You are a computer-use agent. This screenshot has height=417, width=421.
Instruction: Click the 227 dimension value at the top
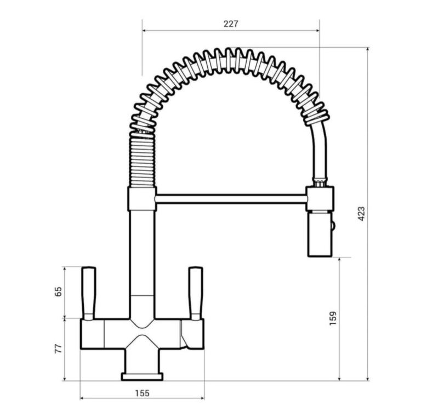pos(231,24)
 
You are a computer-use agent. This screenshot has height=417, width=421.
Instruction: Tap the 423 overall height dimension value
pos(362,214)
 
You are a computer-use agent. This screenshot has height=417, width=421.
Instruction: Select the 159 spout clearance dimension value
pos(333,318)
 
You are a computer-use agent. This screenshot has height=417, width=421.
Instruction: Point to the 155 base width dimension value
pos(142,393)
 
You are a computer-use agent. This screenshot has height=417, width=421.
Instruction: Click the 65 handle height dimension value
pos(58,292)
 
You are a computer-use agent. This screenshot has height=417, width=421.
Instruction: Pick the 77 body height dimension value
pos(58,349)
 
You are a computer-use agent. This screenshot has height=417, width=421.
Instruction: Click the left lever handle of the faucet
pos(89,293)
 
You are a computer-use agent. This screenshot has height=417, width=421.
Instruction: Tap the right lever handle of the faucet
pos(196,293)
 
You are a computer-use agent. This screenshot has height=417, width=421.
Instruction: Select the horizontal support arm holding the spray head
pos(231,199)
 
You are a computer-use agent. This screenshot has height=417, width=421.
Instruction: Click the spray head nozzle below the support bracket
pos(318,235)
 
